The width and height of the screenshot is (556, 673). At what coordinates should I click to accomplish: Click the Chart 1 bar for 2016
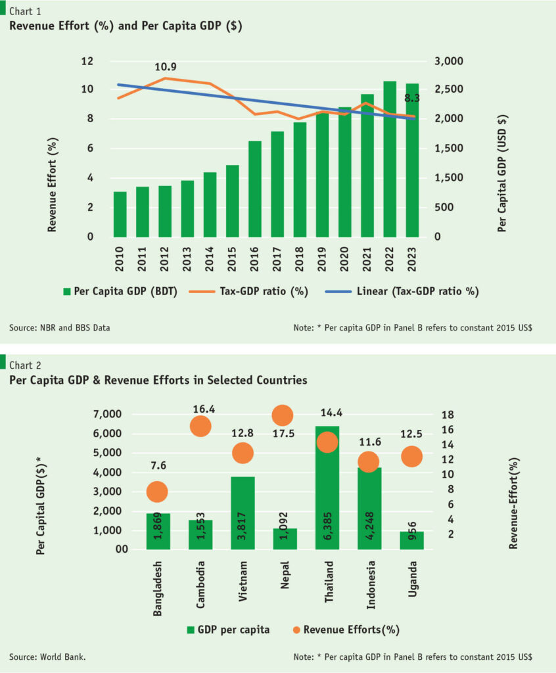click(255, 189)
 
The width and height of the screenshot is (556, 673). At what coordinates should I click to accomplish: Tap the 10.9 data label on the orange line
click(166, 67)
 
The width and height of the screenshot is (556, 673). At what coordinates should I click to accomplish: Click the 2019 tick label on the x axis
click(322, 261)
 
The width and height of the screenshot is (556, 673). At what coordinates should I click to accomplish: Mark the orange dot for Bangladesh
click(156, 491)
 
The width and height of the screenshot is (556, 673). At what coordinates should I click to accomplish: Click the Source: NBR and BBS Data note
click(59, 327)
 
